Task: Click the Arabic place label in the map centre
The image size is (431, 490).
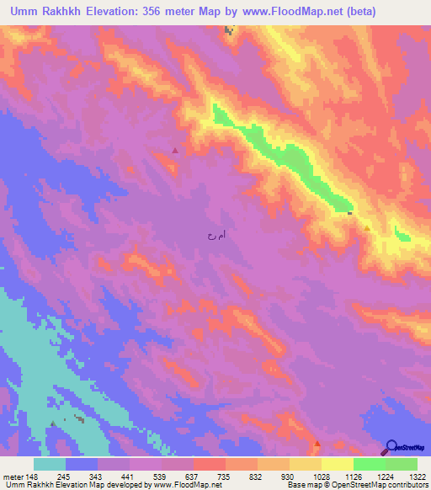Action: tap(217, 237)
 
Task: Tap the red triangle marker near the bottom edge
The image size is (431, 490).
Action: tap(317, 443)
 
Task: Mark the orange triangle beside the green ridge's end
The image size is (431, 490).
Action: tap(368, 228)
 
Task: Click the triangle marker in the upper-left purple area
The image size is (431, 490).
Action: tap(175, 151)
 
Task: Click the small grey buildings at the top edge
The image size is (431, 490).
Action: tap(228, 30)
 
